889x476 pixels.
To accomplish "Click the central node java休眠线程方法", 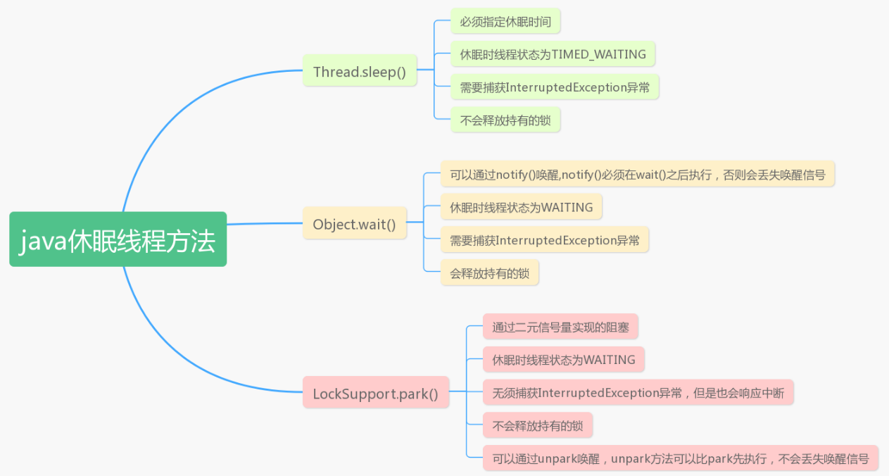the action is pos(118,239).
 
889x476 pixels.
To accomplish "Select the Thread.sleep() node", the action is pos(360,70).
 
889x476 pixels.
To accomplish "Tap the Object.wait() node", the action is pos(355,223).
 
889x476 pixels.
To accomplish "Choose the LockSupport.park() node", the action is pos(375,392).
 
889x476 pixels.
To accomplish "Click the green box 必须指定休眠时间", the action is pos(505,20).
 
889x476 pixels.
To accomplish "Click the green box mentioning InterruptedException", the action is pos(555,87).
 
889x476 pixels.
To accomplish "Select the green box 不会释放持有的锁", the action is pos(505,120).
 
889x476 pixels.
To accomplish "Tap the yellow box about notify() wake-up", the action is pos(638,173).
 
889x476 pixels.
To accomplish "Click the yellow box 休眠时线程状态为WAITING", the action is pos(521,206).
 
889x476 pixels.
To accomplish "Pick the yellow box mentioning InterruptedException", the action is pos(545,239).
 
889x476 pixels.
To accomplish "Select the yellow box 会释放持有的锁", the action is pos(489,273).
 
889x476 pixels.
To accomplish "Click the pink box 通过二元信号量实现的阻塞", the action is pos(560,326).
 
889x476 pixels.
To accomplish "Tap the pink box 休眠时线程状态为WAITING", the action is pos(564,359).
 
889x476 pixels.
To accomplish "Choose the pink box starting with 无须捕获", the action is pos(638,392).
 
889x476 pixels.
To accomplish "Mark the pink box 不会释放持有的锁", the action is pos(538,425).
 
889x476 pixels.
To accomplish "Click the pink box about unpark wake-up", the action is pos(681,458).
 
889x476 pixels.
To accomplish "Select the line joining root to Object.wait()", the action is pos(265,223).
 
